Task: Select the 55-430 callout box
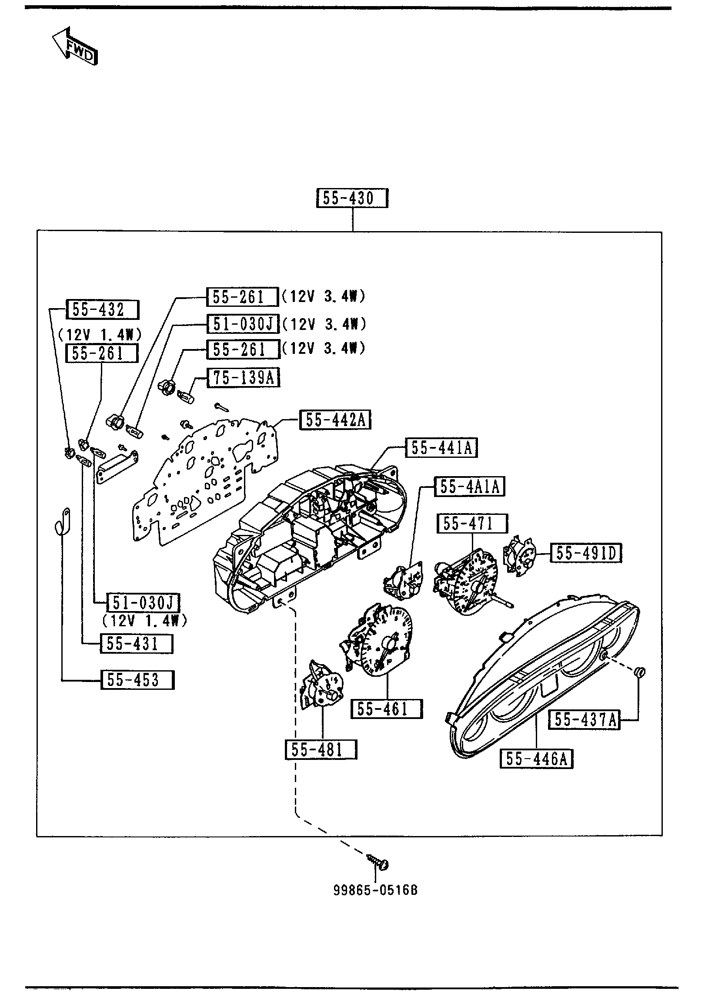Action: pyautogui.click(x=351, y=198)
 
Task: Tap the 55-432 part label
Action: pyautogui.click(x=102, y=310)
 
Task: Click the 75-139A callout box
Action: pyautogui.click(x=244, y=378)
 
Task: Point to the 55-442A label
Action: pyautogui.click(x=335, y=420)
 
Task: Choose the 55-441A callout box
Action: pyautogui.click(x=441, y=448)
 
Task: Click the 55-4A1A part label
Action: pyautogui.click(x=470, y=487)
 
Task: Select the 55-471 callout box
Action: pyautogui.click(x=472, y=524)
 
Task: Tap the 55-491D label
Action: pyautogui.click(x=586, y=553)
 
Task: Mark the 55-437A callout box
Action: pyautogui.click(x=584, y=720)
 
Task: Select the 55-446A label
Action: pyautogui.click(x=536, y=759)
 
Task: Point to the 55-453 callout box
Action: pyautogui.click(x=137, y=680)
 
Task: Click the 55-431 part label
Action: pyautogui.click(x=136, y=644)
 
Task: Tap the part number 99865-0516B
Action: pyautogui.click(x=376, y=890)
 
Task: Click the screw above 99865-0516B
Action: pyautogui.click(x=378, y=865)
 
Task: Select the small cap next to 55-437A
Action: pyautogui.click(x=640, y=685)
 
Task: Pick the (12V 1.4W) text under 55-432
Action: pyautogui.click(x=100, y=334)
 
